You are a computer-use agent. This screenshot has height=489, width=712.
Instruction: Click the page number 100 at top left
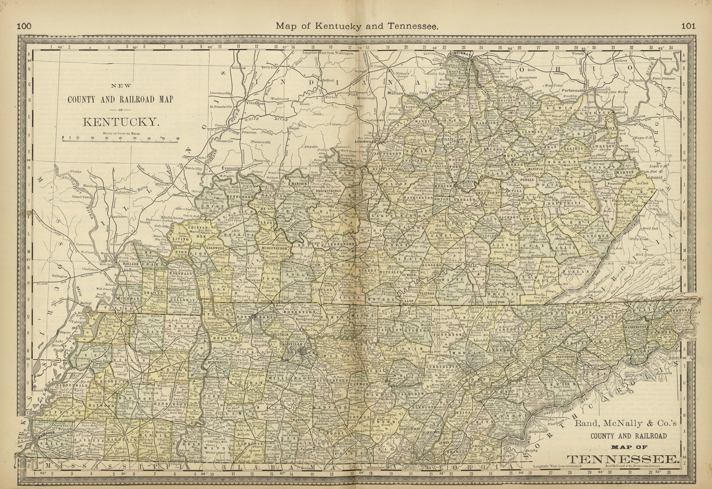coord(24,26)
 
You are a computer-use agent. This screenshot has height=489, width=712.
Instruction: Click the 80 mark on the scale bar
coord(178,138)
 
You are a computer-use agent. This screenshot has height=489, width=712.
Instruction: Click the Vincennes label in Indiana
coord(255,104)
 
